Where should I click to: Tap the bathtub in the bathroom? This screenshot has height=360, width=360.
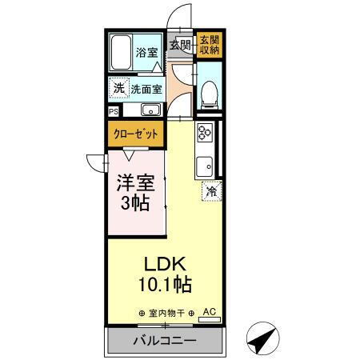click(x=120, y=54)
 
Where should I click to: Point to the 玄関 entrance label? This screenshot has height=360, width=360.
click(x=179, y=46)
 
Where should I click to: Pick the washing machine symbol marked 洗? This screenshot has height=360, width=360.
click(x=118, y=89)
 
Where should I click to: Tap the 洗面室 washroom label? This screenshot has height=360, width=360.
click(x=146, y=90)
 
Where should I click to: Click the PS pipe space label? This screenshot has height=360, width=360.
click(x=114, y=111)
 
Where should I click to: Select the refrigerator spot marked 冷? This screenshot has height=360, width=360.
click(x=210, y=190)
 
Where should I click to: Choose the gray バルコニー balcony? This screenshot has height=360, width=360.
click(x=163, y=340)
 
